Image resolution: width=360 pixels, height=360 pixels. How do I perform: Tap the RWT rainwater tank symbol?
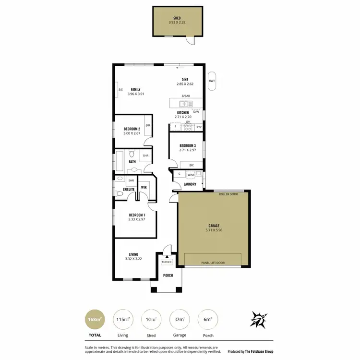[212, 81]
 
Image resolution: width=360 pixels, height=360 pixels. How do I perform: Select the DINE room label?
[185, 80]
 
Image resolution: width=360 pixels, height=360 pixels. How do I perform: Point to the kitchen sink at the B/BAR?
[184, 103]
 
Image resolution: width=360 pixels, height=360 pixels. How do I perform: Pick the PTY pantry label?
[199, 127]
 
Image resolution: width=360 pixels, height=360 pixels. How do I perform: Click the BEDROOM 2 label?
[132, 129]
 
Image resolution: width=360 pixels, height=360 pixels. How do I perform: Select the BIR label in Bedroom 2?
[148, 125]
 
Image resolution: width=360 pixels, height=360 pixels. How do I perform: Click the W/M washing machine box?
[191, 174]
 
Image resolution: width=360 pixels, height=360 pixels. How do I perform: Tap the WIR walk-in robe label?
[144, 187]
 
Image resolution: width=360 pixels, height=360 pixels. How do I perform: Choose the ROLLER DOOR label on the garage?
[228, 194]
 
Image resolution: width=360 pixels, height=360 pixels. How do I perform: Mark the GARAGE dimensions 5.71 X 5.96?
[214, 230]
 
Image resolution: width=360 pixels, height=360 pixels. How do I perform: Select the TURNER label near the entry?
[167, 262]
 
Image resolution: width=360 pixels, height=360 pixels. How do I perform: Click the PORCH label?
[168, 276]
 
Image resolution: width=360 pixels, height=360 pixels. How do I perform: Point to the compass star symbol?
[259, 320]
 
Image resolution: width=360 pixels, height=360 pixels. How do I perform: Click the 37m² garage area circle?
[180, 319]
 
